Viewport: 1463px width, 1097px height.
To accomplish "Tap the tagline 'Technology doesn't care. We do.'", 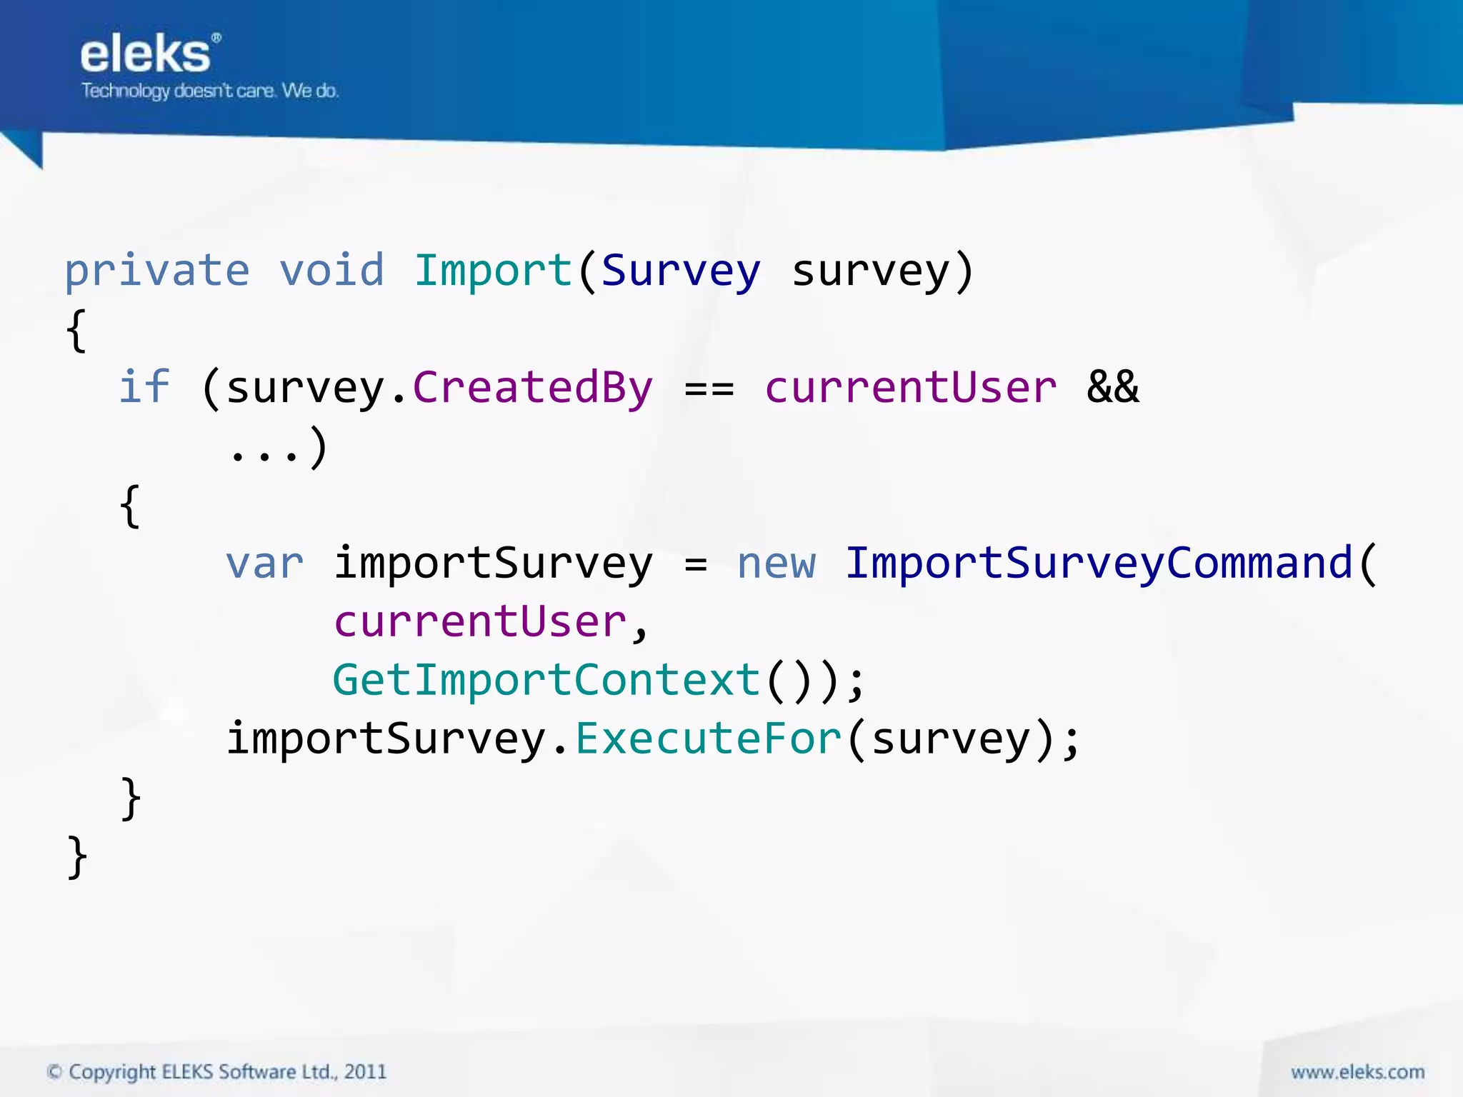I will coord(210,91).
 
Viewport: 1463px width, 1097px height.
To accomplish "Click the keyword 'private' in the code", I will coord(157,271).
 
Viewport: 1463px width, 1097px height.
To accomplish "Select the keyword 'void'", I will coord(331,271).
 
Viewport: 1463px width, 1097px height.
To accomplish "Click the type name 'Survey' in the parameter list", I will coord(681,271).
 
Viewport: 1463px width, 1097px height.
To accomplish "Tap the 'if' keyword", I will coord(144,388).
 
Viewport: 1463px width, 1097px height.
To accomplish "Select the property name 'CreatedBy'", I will coord(533,388).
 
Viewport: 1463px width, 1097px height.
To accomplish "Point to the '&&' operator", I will coord(1112,388).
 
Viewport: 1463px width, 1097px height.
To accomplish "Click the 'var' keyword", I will coord(265,563).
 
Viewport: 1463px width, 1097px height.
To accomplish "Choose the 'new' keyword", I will coord(776,563).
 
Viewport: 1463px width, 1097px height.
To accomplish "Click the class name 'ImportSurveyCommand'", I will coord(1099,563).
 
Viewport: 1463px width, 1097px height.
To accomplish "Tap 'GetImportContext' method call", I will coord(546,680).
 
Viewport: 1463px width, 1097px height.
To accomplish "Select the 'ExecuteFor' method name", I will coord(709,738).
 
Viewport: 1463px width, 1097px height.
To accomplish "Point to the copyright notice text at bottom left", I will coord(216,1072).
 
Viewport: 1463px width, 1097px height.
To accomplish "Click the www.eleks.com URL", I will coord(1357,1072).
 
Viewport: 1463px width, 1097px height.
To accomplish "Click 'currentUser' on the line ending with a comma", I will coord(480,621).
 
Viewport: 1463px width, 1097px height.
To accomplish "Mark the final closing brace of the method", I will coord(77,856).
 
